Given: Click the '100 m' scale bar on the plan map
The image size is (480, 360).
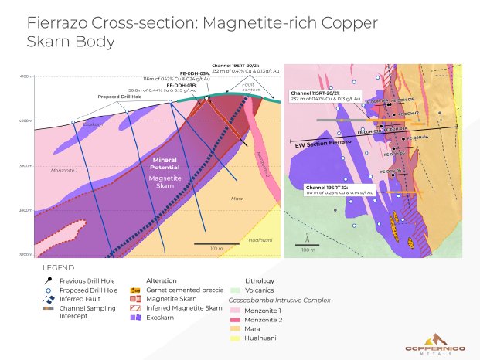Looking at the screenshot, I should tap(308, 246).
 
